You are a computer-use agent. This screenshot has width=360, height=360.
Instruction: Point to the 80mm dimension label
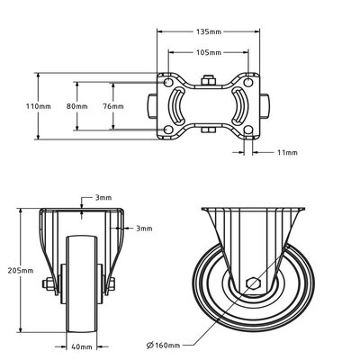coord(77,106)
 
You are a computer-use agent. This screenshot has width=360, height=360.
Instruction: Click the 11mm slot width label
coord(287,152)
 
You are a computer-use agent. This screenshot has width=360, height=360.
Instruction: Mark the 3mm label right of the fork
coord(144,229)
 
